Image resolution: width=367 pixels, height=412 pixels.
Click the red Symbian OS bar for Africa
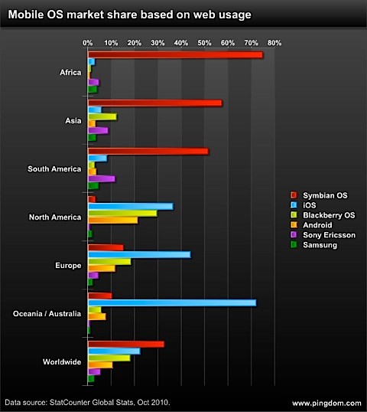pyautogui.click(x=175, y=54)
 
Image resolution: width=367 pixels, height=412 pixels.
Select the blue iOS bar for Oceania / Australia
pyautogui.click(x=172, y=302)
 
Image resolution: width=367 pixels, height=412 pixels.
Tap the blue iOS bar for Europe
pyautogui.click(x=139, y=254)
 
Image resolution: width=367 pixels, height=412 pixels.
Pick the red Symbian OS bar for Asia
pyautogui.click(x=155, y=103)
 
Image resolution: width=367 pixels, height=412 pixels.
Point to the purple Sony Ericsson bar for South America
pyautogui.click(x=102, y=178)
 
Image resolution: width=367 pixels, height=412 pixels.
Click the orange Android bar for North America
pyautogui.click(x=113, y=220)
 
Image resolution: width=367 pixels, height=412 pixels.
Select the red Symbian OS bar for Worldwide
pyautogui.click(x=126, y=345)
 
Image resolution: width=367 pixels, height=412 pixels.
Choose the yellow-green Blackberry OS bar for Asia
pyautogui.click(x=102, y=116)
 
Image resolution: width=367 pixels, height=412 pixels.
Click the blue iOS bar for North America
pyautogui.click(x=131, y=206)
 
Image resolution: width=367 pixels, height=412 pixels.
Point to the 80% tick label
pyautogui.click(x=274, y=42)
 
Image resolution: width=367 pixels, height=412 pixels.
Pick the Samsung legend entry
pyautogui.click(x=318, y=245)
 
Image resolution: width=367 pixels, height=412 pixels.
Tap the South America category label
pyautogui.click(x=54, y=168)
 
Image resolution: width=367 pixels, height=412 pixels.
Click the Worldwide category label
pyautogui.click(x=60, y=362)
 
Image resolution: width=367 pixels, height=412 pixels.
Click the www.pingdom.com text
pyautogui.click(x=325, y=403)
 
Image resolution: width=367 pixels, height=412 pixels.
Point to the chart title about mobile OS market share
pyautogui.click(x=129, y=14)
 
